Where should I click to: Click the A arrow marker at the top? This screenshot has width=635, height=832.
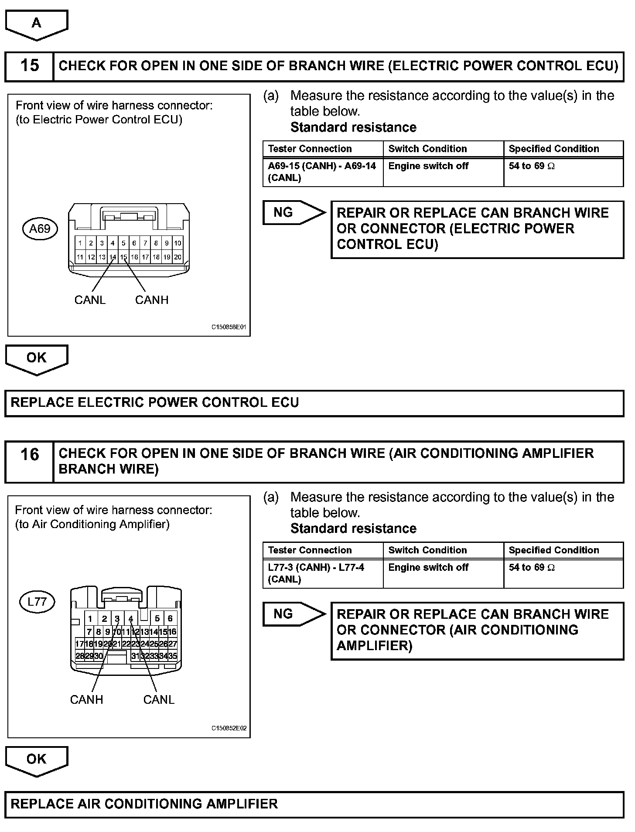click(x=36, y=24)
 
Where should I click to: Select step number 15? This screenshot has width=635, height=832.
click(x=29, y=66)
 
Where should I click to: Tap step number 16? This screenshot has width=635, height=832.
click(x=29, y=455)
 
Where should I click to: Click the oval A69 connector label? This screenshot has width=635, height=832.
click(x=40, y=228)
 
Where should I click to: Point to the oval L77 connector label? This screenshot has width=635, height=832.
click(x=37, y=602)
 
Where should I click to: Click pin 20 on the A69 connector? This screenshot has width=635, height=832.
click(x=178, y=257)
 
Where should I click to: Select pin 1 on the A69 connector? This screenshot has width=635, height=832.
click(x=80, y=243)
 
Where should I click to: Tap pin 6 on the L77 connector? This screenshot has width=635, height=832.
click(x=170, y=618)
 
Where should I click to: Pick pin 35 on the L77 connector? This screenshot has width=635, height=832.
click(x=173, y=655)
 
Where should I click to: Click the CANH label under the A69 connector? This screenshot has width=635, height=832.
click(x=151, y=300)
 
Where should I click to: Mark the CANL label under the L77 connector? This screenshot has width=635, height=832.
click(x=159, y=699)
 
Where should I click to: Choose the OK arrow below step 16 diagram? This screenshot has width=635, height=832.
click(x=36, y=760)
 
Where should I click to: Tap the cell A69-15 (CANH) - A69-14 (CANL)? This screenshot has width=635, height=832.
click(x=322, y=172)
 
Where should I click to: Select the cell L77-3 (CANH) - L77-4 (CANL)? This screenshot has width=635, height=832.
click(x=322, y=573)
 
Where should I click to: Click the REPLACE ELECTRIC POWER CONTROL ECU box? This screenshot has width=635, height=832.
click(x=314, y=402)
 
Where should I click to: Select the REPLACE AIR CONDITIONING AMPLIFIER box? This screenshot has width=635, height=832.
click(x=314, y=804)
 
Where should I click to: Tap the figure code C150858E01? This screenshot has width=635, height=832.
click(x=229, y=327)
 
